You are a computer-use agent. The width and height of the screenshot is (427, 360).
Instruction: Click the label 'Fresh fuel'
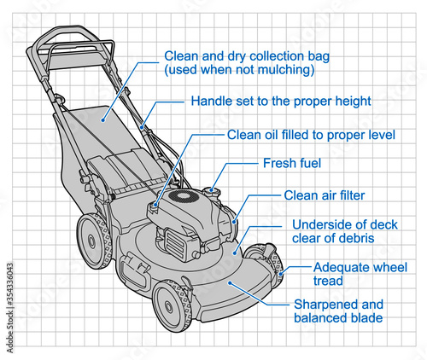tap(292, 163)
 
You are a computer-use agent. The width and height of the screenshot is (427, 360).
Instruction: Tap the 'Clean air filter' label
tap(325, 195)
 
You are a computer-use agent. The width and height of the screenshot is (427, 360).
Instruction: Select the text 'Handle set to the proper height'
tap(281, 102)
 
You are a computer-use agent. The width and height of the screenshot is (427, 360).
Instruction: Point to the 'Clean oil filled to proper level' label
tap(311, 135)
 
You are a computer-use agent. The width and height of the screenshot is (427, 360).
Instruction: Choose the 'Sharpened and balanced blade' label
tap(338, 311)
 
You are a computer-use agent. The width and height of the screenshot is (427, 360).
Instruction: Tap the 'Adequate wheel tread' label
tap(360, 274)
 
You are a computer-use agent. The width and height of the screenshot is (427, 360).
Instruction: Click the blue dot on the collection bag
tap(103, 120)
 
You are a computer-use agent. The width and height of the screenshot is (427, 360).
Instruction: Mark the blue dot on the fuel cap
tap(211, 189)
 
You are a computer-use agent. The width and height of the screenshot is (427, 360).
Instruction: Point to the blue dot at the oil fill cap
tap(155, 204)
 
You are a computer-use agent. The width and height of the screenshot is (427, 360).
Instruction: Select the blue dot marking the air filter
tap(234, 222)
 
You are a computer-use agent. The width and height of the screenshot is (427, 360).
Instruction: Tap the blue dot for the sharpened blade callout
tap(230, 282)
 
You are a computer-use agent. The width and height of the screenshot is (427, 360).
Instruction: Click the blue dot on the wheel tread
tap(281, 274)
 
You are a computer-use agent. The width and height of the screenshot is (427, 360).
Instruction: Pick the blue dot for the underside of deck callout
tap(235, 253)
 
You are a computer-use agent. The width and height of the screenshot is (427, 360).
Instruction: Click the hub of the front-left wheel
tap(168, 306)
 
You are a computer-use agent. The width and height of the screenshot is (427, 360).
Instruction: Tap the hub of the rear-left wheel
tap(91, 241)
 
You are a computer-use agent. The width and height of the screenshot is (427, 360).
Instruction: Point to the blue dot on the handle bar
tap(142, 127)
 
